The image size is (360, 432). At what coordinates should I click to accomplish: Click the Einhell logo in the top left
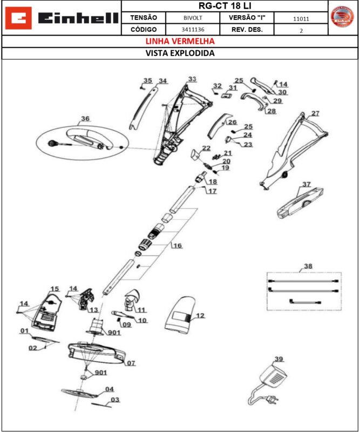(x=62, y=18)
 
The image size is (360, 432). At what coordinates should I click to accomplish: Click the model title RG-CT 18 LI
(x=225, y=6)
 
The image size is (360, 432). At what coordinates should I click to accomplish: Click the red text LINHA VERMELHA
(x=180, y=41)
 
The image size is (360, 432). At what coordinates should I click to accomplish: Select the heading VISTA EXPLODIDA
(x=180, y=53)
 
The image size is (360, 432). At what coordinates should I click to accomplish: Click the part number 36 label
(x=85, y=119)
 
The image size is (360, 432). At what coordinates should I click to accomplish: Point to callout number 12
(x=200, y=315)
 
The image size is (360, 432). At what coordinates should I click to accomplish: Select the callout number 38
(x=308, y=266)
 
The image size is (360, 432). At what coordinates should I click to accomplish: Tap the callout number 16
(x=177, y=246)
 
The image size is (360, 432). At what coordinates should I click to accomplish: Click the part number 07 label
(x=131, y=363)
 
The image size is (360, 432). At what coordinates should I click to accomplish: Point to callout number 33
(x=192, y=79)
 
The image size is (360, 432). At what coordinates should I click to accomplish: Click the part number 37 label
(x=307, y=185)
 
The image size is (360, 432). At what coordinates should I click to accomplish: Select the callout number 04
(x=110, y=389)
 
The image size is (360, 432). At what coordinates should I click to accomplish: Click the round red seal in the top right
(x=342, y=18)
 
